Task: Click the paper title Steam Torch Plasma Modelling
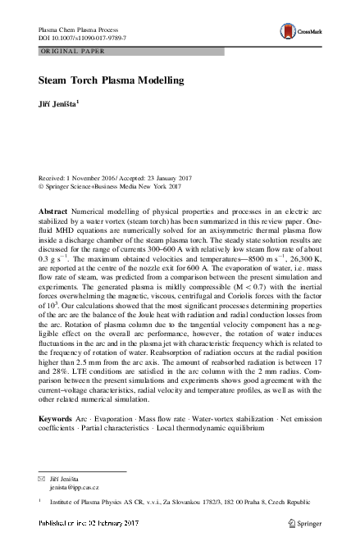(110, 81)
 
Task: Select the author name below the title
(58, 103)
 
